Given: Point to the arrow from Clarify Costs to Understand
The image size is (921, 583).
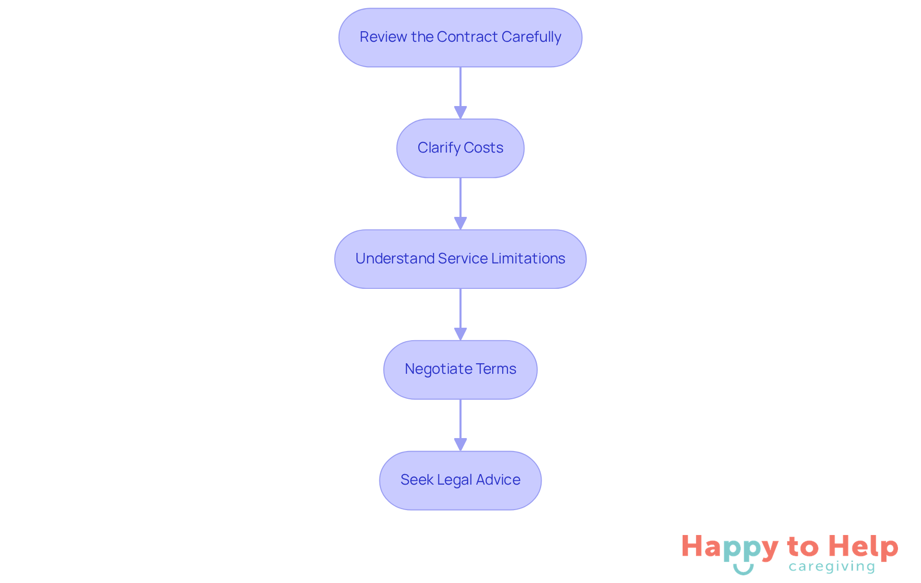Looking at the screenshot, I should (460, 203).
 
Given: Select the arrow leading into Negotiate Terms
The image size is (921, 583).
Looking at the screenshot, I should (460, 314).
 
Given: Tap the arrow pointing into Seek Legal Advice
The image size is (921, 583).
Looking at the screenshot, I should (460, 425).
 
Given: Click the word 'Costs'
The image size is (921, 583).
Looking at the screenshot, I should (484, 148).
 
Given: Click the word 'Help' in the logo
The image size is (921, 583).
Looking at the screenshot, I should (863, 547).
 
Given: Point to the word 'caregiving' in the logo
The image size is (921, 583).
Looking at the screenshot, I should (832, 567).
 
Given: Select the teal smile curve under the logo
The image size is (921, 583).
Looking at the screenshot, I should (743, 570).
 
